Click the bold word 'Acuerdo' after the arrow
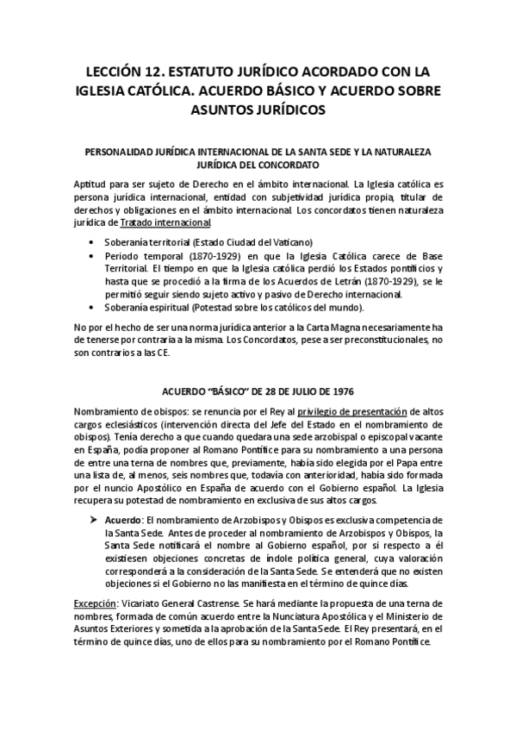[123, 522]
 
